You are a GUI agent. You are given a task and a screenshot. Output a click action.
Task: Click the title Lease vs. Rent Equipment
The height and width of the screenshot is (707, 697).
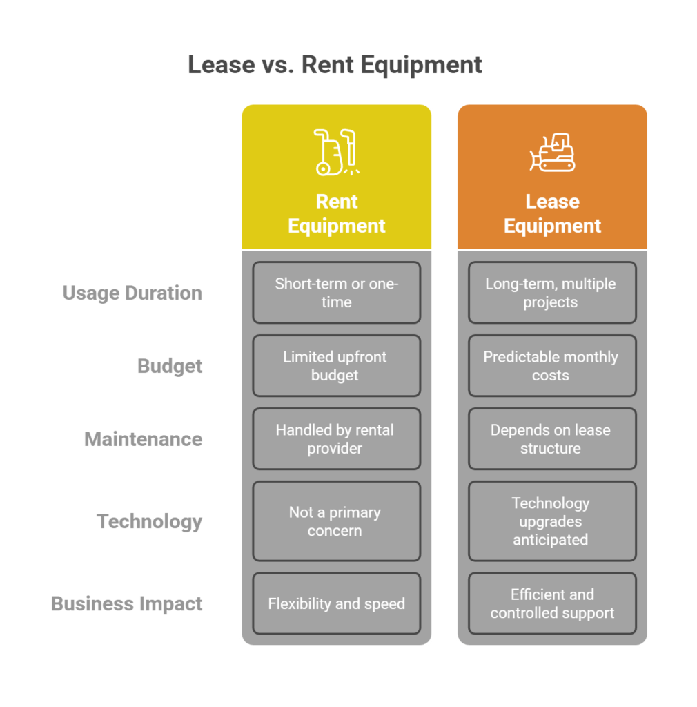(335, 65)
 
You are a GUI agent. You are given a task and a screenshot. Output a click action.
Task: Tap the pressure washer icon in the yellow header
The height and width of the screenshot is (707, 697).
(336, 151)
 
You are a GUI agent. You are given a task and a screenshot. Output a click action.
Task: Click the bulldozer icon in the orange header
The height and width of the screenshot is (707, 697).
(552, 152)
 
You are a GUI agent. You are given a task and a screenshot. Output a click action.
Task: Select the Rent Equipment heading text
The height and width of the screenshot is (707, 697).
(336, 213)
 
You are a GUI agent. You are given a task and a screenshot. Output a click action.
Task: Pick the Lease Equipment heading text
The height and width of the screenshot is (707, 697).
(552, 213)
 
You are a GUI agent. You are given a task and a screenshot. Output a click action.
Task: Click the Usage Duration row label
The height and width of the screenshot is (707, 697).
(132, 293)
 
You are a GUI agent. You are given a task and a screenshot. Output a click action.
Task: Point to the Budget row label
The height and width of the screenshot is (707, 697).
(170, 366)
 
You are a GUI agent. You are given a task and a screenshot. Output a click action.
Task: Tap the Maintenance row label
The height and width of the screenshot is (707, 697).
(143, 439)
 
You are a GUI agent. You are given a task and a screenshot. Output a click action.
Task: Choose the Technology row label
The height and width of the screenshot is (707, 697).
(150, 521)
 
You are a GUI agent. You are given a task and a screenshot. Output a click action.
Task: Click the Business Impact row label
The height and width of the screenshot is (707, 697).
(127, 603)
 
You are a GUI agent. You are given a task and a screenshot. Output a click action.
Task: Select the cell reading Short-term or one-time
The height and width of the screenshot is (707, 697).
(336, 293)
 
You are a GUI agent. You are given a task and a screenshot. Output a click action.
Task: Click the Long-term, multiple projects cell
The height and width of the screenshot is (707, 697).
(552, 293)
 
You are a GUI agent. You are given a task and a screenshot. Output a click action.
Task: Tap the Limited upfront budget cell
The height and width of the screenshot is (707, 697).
(336, 366)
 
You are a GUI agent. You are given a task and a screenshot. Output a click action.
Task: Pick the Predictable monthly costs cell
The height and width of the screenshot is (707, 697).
(552, 366)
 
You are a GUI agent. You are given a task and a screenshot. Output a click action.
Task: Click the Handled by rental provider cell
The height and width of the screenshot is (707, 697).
(336, 439)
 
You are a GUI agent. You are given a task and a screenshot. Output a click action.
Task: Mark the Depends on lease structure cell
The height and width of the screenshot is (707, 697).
(552, 439)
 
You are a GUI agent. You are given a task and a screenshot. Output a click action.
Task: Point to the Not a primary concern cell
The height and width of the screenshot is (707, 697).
(336, 521)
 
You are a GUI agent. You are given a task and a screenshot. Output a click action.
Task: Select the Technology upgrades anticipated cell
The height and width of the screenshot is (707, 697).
(552, 521)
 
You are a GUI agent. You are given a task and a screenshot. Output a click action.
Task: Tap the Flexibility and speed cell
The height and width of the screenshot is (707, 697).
(336, 603)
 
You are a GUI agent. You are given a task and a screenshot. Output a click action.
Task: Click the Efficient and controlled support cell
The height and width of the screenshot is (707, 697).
(552, 603)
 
